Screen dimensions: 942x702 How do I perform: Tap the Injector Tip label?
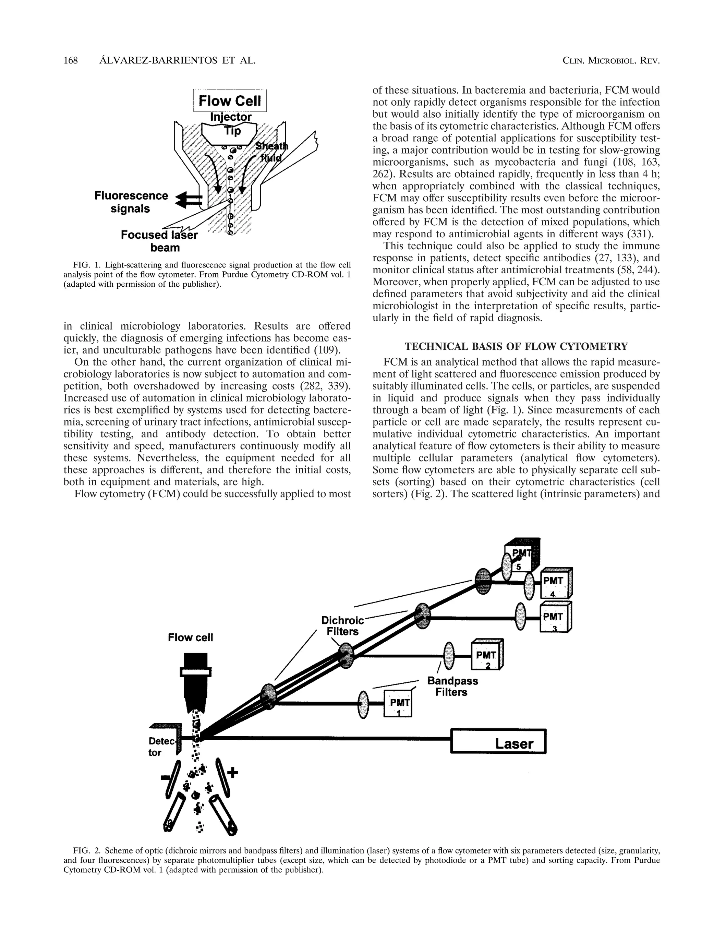tap(231, 123)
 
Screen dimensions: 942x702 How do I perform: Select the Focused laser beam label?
tap(159, 241)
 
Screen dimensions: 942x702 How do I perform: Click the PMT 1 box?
tap(398, 704)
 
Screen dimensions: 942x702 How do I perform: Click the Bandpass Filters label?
tap(452, 687)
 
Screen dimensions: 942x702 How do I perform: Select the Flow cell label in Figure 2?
tap(190, 637)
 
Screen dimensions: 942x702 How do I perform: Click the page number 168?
tap(71, 60)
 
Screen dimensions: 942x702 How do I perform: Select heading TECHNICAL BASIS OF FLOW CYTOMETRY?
tap(516, 346)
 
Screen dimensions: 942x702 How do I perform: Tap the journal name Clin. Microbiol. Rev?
tap(610, 60)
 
